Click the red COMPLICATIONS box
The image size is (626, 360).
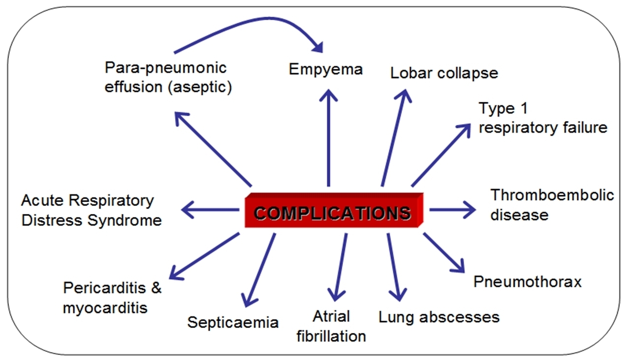point(333,212)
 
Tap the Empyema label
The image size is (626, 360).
point(325,69)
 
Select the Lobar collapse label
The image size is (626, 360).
point(444,73)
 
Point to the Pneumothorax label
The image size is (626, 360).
point(527,282)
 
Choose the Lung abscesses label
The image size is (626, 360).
point(438,317)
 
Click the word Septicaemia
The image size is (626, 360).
point(233,323)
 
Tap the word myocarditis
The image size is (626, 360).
point(105,308)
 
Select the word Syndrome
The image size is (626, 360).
point(125,220)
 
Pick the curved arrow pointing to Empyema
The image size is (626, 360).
point(246,25)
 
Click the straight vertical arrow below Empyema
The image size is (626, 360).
point(329,138)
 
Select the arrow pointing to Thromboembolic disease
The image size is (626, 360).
point(452,210)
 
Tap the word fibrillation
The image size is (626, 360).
point(331,336)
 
